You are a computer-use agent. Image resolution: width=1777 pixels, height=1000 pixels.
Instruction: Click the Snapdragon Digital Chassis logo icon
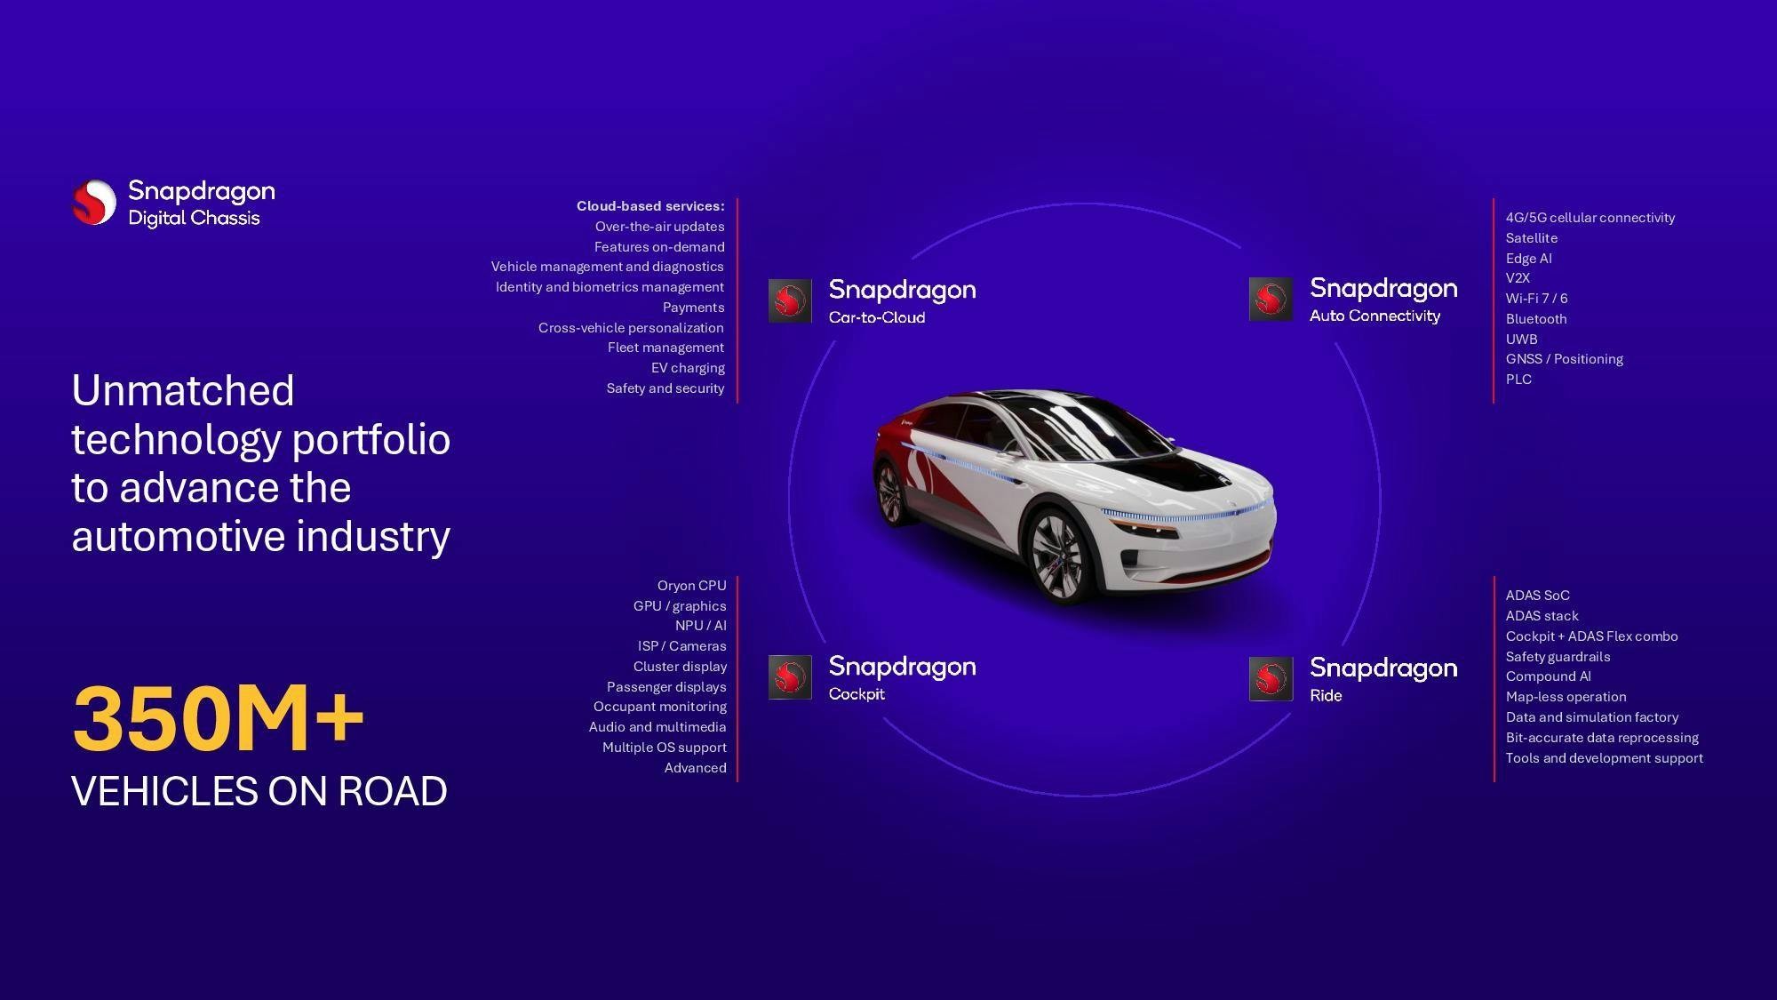click(94, 202)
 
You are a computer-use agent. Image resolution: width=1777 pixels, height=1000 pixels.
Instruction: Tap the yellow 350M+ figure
click(218, 717)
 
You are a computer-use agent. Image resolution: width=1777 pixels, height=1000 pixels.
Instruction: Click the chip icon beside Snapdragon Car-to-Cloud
click(790, 300)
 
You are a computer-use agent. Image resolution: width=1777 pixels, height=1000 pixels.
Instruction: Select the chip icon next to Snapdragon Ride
click(1271, 679)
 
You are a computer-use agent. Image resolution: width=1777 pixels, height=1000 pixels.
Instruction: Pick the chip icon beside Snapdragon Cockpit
click(790, 677)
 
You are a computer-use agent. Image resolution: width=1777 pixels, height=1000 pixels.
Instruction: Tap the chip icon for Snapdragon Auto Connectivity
click(1271, 299)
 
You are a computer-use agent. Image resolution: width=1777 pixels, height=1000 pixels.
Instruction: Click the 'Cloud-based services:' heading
click(650, 206)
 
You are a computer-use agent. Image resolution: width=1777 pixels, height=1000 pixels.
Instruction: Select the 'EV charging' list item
click(688, 368)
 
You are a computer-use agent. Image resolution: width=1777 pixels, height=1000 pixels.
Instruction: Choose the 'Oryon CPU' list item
click(691, 586)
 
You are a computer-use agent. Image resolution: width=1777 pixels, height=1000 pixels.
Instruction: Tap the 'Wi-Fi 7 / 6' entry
click(1536, 299)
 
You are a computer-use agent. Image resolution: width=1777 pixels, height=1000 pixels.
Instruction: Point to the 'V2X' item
click(1518, 278)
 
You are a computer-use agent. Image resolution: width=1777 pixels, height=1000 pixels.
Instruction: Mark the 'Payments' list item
click(693, 308)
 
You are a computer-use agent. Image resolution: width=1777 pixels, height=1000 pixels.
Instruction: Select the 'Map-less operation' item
click(1566, 697)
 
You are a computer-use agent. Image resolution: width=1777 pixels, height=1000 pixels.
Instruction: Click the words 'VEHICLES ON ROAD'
click(259, 791)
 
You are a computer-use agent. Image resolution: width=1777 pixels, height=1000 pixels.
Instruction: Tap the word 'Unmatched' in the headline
click(183, 391)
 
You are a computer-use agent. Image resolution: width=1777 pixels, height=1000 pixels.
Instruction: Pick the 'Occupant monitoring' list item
click(660, 707)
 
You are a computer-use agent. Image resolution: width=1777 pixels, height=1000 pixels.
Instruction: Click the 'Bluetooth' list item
click(1536, 319)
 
